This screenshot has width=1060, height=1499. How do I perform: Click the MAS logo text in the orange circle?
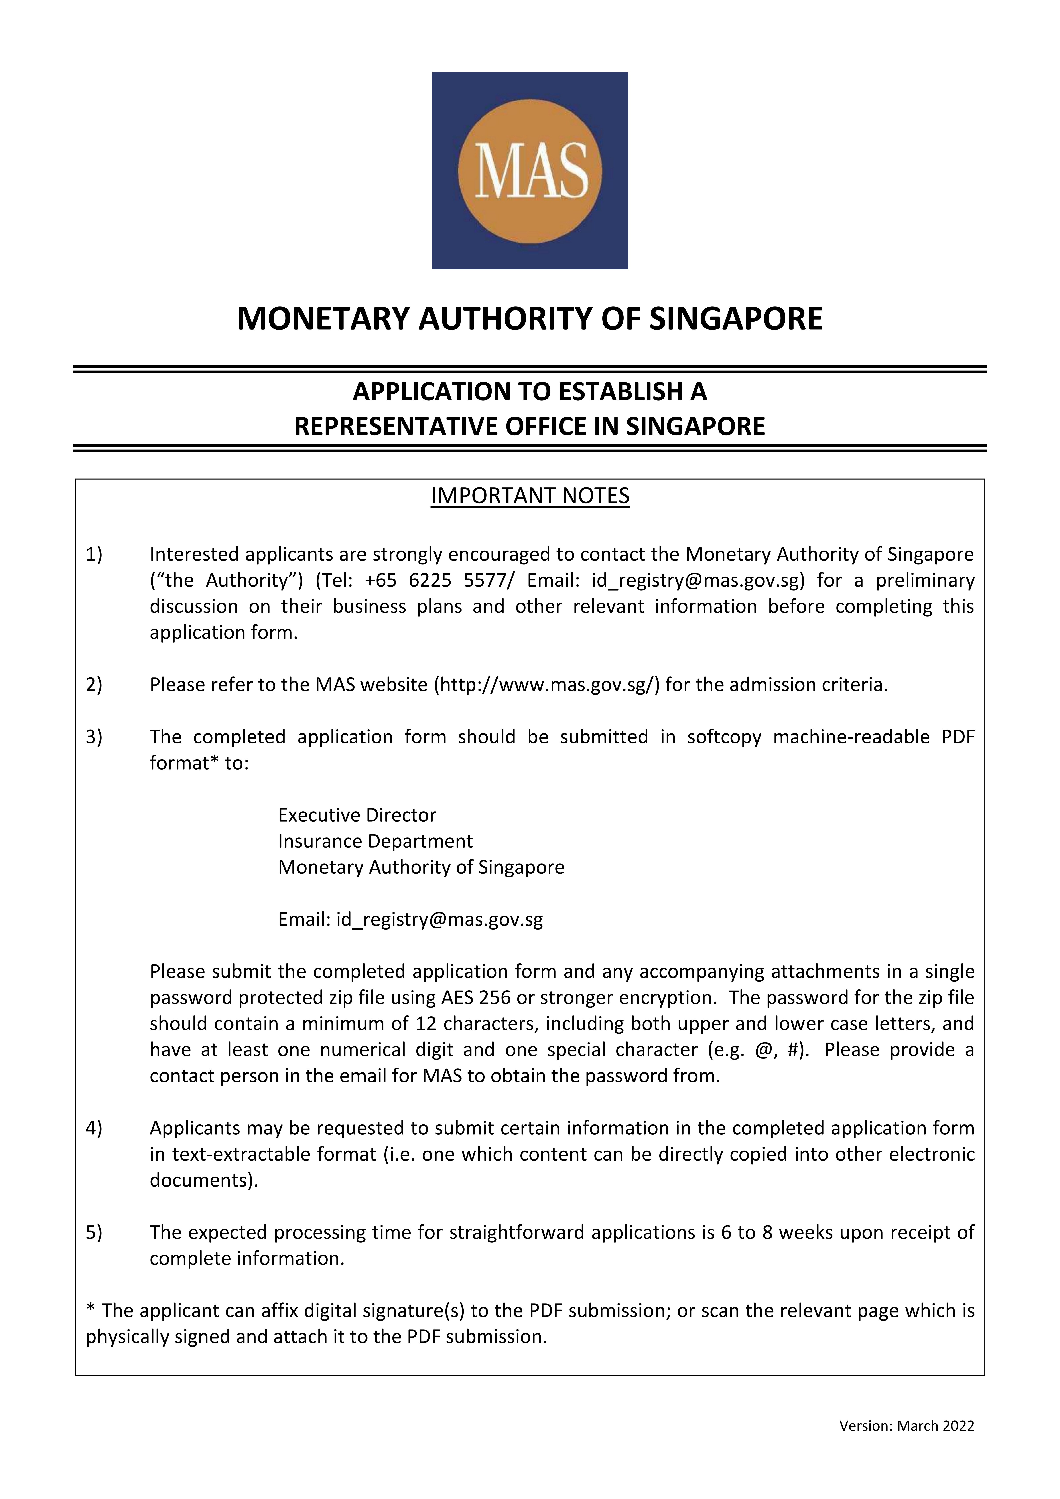tap(530, 170)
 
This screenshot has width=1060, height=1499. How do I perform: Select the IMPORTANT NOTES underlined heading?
tap(530, 496)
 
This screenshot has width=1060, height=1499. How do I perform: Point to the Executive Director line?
tap(357, 815)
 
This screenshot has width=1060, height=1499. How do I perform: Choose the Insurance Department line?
tap(375, 842)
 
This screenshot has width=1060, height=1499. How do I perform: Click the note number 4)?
tap(94, 1129)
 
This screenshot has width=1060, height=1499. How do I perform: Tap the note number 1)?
tap(94, 554)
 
